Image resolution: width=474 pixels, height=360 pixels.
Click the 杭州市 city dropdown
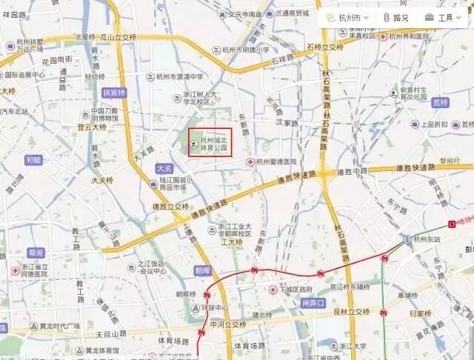tap(353, 18)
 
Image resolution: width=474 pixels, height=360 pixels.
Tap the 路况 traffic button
tap(395, 18)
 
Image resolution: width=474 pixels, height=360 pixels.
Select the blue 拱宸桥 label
tap(114, 93)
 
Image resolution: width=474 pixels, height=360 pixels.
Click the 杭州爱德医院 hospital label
tap(277, 161)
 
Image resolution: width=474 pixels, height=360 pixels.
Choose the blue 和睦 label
tap(33, 159)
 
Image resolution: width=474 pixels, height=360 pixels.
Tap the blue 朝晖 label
tap(203, 271)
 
